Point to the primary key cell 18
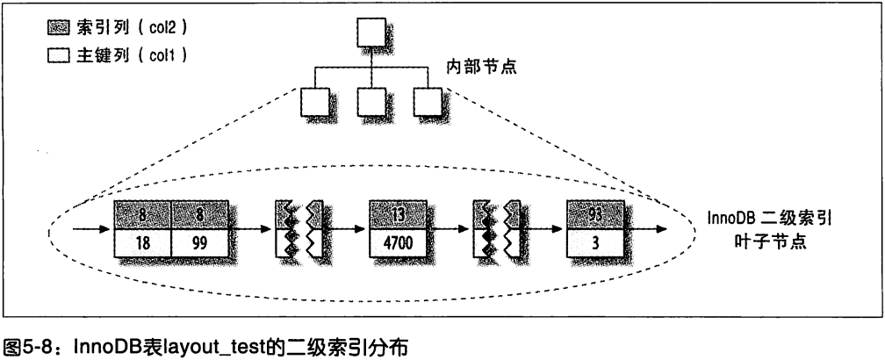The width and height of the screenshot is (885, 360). [x=142, y=242]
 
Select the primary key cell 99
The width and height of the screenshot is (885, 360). [x=199, y=242]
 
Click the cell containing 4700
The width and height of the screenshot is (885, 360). [x=398, y=242]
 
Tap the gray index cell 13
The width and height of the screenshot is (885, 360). [x=398, y=214]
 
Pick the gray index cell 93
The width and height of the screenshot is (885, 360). [x=596, y=214]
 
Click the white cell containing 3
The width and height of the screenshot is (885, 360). [x=596, y=242]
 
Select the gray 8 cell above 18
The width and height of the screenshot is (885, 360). [x=142, y=214]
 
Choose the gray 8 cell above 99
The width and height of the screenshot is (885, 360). [x=199, y=214]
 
